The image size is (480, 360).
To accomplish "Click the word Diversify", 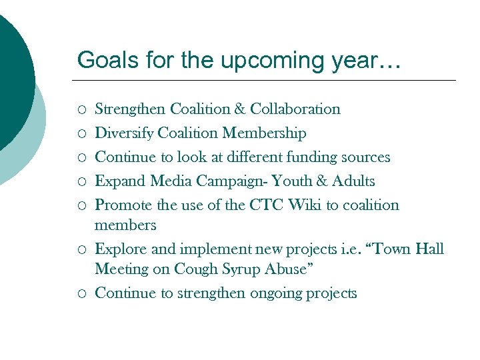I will (123, 133).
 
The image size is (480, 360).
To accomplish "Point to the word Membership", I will (265, 133).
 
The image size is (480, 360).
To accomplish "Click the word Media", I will (163, 181).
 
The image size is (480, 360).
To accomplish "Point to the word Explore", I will (119, 250).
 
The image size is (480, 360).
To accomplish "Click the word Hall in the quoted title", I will (429, 249).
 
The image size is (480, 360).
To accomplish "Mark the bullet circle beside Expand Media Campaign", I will (81, 182).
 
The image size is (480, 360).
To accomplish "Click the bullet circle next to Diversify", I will (81, 134).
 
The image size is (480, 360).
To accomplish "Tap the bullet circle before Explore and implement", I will (81, 250).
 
